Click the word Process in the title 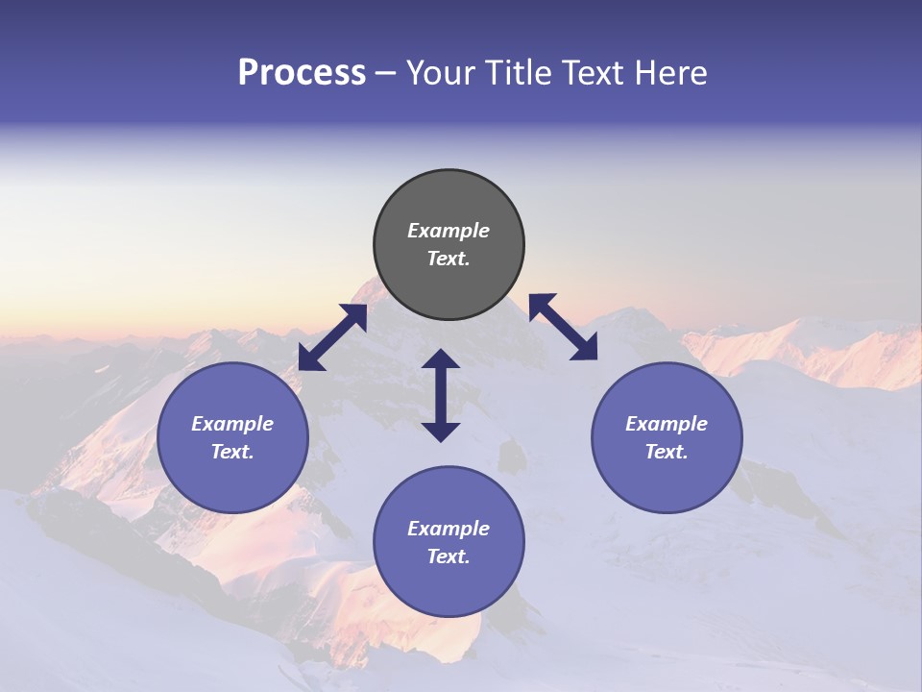(302, 73)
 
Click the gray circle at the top (449, 245)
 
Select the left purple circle (232, 438)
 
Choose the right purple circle (667, 438)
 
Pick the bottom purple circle (449, 542)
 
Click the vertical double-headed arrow (441, 395)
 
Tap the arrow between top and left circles (332, 337)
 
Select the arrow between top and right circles (564, 327)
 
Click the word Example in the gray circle (449, 231)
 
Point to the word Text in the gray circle (448, 259)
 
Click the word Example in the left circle (232, 424)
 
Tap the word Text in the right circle (666, 452)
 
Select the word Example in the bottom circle (449, 529)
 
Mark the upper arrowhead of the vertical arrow (441, 359)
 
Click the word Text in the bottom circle (448, 556)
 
